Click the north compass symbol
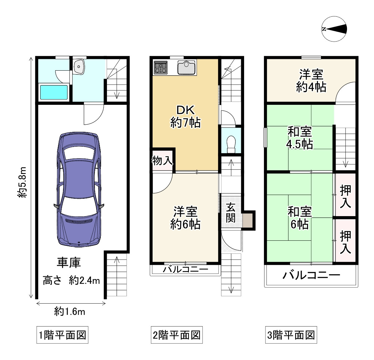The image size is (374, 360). coord(334,29)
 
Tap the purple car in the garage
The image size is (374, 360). coord(79,189)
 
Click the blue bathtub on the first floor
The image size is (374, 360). coord(54,92)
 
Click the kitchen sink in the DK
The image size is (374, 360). coord(186,67)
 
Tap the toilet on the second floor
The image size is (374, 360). coord(231,144)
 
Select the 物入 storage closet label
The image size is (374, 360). coord(162,161)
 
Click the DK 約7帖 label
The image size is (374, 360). coord(185,117)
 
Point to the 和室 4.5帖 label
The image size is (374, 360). coord(300,138)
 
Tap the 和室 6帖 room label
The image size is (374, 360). coord(300,218)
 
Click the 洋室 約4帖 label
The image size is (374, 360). coord(311,81)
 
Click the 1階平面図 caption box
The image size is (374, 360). coord(62,336)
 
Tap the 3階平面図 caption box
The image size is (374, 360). coord(291,336)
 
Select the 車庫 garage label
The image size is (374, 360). coord(69,263)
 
